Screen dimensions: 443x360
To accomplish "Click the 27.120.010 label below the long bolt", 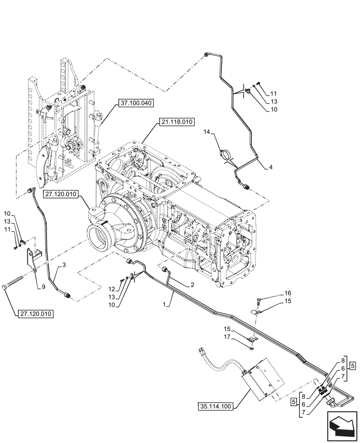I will [x=36, y=314].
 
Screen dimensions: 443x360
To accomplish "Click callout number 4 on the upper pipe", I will [x=270, y=167].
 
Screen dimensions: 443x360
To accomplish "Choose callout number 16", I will [x=288, y=293].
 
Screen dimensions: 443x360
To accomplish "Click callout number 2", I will [x=192, y=286].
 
